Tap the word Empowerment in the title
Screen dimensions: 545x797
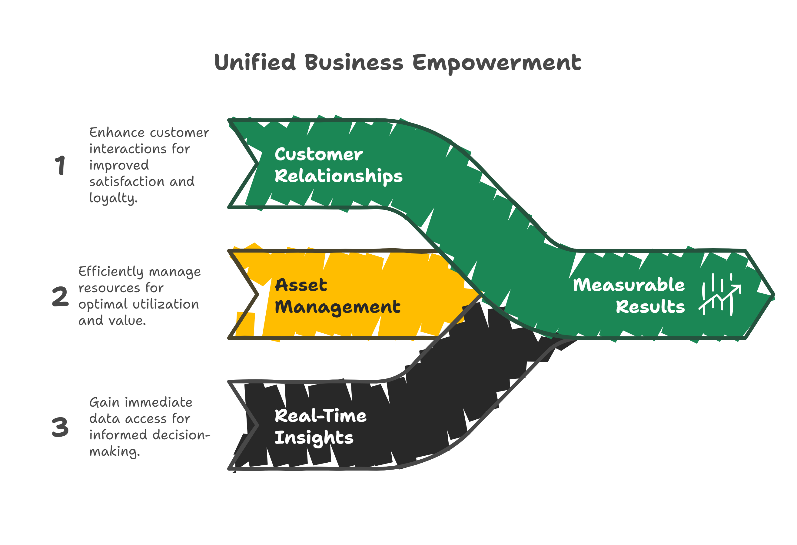[x=496, y=63]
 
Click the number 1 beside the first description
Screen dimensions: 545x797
[x=60, y=165]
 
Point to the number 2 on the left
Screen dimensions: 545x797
[x=60, y=296]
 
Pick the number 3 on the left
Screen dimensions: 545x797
[x=60, y=427]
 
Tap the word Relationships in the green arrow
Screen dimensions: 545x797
[x=338, y=176]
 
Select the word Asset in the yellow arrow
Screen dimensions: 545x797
[x=301, y=285]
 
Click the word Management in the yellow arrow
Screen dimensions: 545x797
[x=337, y=307]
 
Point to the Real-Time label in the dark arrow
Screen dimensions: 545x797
[x=320, y=416]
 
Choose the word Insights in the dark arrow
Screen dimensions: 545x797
[x=314, y=438]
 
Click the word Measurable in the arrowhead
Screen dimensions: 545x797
[x=629, y=285]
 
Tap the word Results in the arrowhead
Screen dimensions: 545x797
[x=650, y=307]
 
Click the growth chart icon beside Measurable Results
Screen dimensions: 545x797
[x=719, y=295]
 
